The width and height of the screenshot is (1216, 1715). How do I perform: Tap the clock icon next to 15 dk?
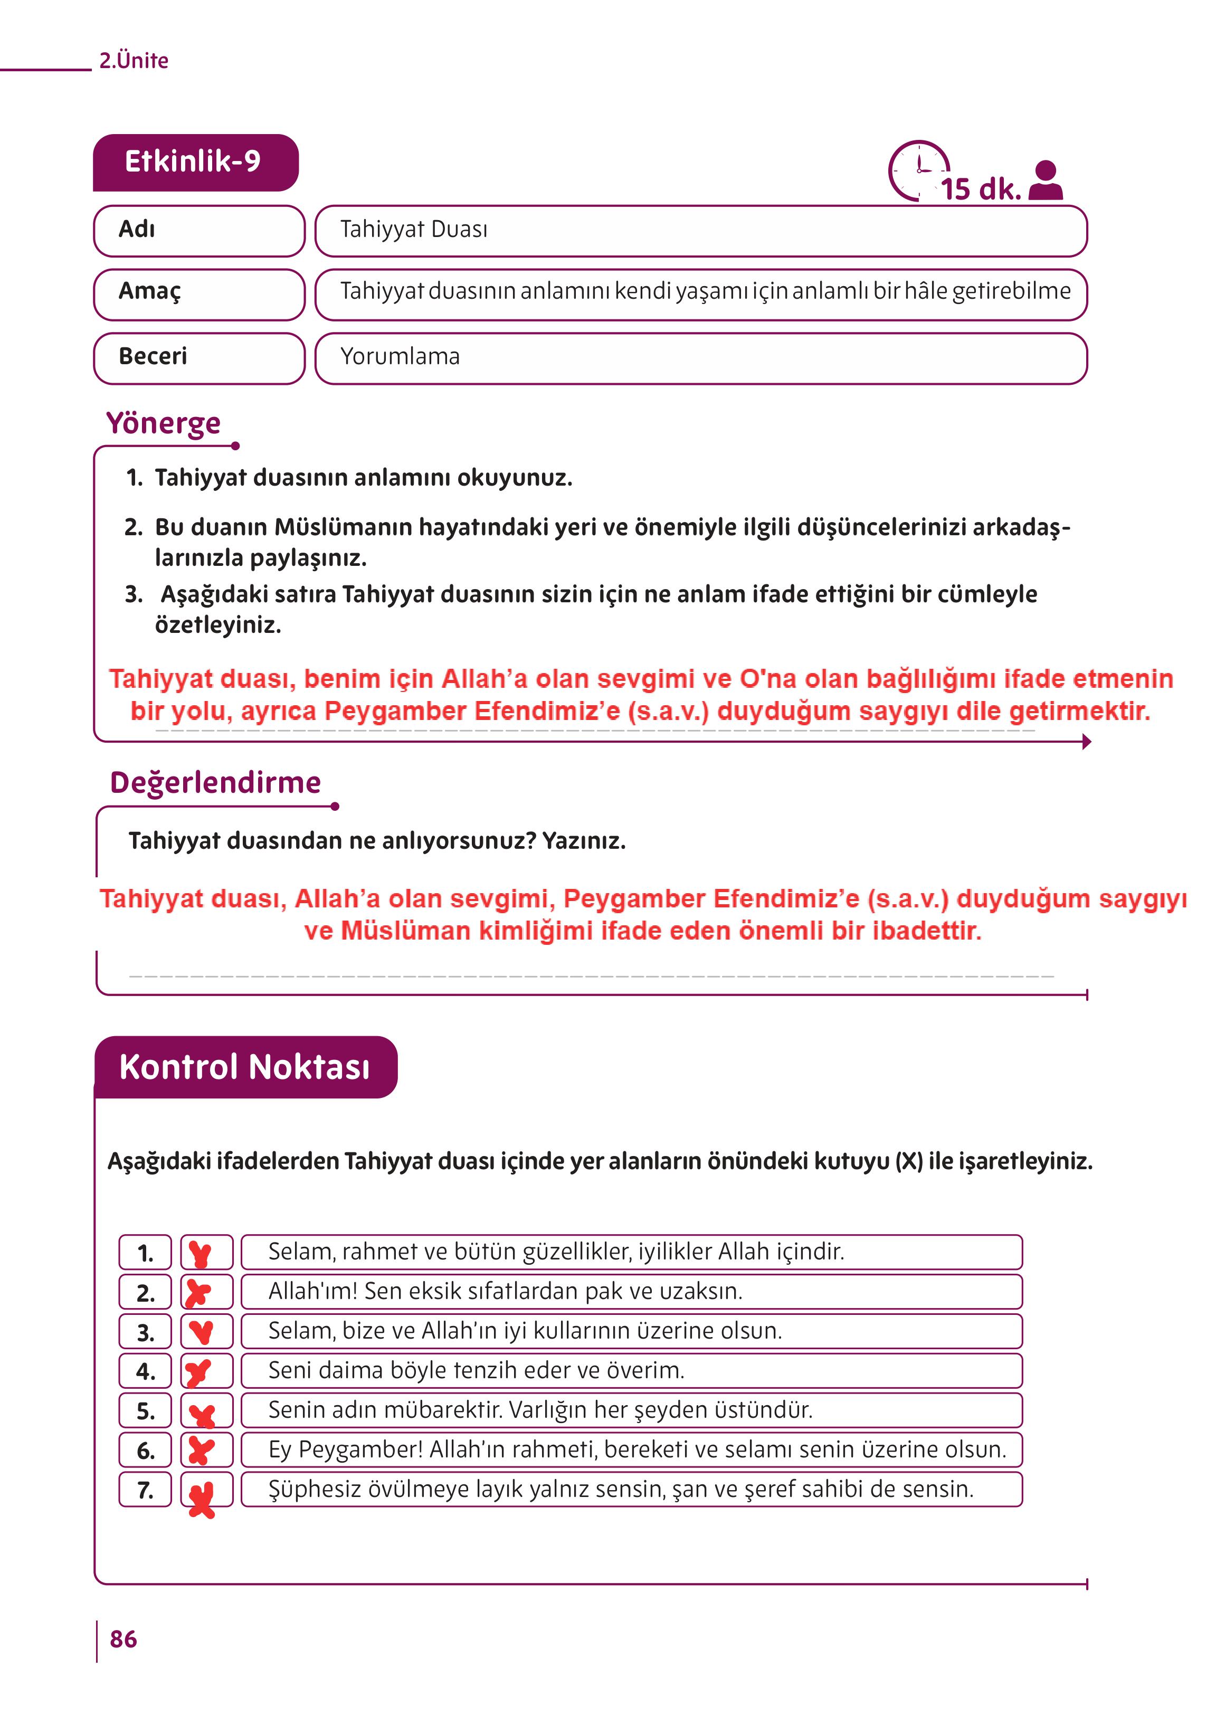(x=918, y=170)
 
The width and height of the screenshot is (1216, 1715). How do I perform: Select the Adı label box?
(x=199, y=230)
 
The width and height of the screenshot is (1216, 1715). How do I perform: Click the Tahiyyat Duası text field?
(x=700, y=230)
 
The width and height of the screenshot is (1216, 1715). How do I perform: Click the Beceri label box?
(x=199, y=357)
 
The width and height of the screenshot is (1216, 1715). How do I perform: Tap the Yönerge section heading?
(x=163, y=423)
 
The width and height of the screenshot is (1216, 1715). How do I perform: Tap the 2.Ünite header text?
(x=134, y=61)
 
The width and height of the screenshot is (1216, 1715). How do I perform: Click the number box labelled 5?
(x=145, y=1410)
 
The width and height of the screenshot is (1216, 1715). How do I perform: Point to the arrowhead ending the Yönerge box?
(x=1087, y=742)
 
